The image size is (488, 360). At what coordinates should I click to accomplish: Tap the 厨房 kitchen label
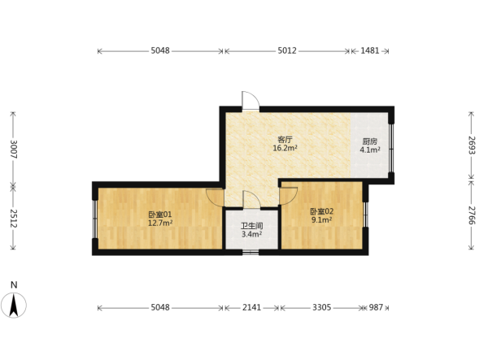(370, 141)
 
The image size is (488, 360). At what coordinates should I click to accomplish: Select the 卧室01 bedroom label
(160, 215)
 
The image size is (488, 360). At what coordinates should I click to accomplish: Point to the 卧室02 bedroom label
(322, 212)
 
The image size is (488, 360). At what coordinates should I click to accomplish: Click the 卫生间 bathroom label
(251, 226)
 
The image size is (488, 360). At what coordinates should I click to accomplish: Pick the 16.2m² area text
(285, 148)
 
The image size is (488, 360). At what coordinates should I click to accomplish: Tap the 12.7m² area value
(160, 223)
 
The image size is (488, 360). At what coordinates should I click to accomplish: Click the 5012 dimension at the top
(287, 50)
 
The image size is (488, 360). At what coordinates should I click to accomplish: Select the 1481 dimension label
(370, 50)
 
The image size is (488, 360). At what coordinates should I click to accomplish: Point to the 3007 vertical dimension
(13, 150)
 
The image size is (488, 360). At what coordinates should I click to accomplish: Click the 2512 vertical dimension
(13, 219)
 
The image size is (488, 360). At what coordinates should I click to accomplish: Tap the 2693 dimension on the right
(471, 145)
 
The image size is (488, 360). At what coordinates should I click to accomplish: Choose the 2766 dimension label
(471, 215)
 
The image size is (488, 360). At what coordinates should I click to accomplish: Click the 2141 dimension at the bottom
(251, 307)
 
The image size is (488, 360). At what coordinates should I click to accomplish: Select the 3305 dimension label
(322, 307)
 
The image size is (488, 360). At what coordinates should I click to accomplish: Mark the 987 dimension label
(376, 307)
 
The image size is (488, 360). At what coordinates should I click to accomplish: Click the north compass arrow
(14, 306)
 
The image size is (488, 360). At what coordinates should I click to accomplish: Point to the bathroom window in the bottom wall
(251, 252)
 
